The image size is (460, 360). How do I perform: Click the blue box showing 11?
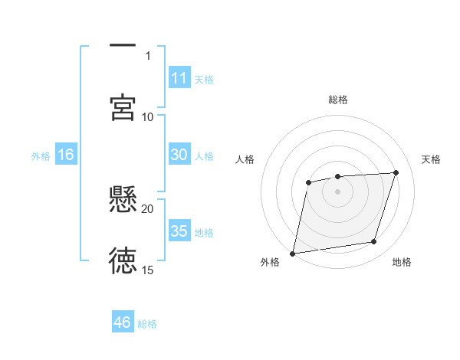tap(179, 78)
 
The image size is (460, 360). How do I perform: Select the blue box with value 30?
tap(179, 155)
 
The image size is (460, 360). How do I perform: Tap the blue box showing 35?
tap(179, 231)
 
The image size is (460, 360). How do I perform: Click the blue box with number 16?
tap(66, 155)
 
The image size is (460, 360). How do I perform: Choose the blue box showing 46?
tap(123, 322)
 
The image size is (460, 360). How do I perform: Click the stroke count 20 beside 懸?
tap(148, 208)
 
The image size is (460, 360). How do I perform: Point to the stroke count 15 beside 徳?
tap(148, 270)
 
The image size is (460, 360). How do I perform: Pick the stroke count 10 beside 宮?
tap(148, 116)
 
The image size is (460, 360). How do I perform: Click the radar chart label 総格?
tap(338, 100)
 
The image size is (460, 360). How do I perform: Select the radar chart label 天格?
tap(432, 159)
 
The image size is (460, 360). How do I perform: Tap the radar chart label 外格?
tap(270, 263)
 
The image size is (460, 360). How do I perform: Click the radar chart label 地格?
tap(402, 263)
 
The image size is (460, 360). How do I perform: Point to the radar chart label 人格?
tap(245, 159)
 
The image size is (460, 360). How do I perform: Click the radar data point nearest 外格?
tap(293, 253)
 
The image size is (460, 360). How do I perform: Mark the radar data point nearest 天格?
tap(396, 172)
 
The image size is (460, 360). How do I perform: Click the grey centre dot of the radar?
tap(337, 191)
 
